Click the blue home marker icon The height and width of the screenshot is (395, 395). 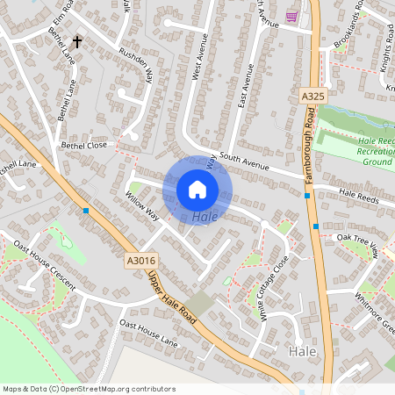(x=197, y=189)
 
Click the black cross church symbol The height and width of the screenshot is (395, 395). (x=77, y=41)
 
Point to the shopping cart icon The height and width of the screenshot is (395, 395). (x=291, y=17)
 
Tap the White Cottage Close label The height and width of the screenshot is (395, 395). (x=268, y=287)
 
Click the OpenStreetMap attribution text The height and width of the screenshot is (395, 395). (x=88, y=389)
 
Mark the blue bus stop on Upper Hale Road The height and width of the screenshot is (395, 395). (x=86, y=211)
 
